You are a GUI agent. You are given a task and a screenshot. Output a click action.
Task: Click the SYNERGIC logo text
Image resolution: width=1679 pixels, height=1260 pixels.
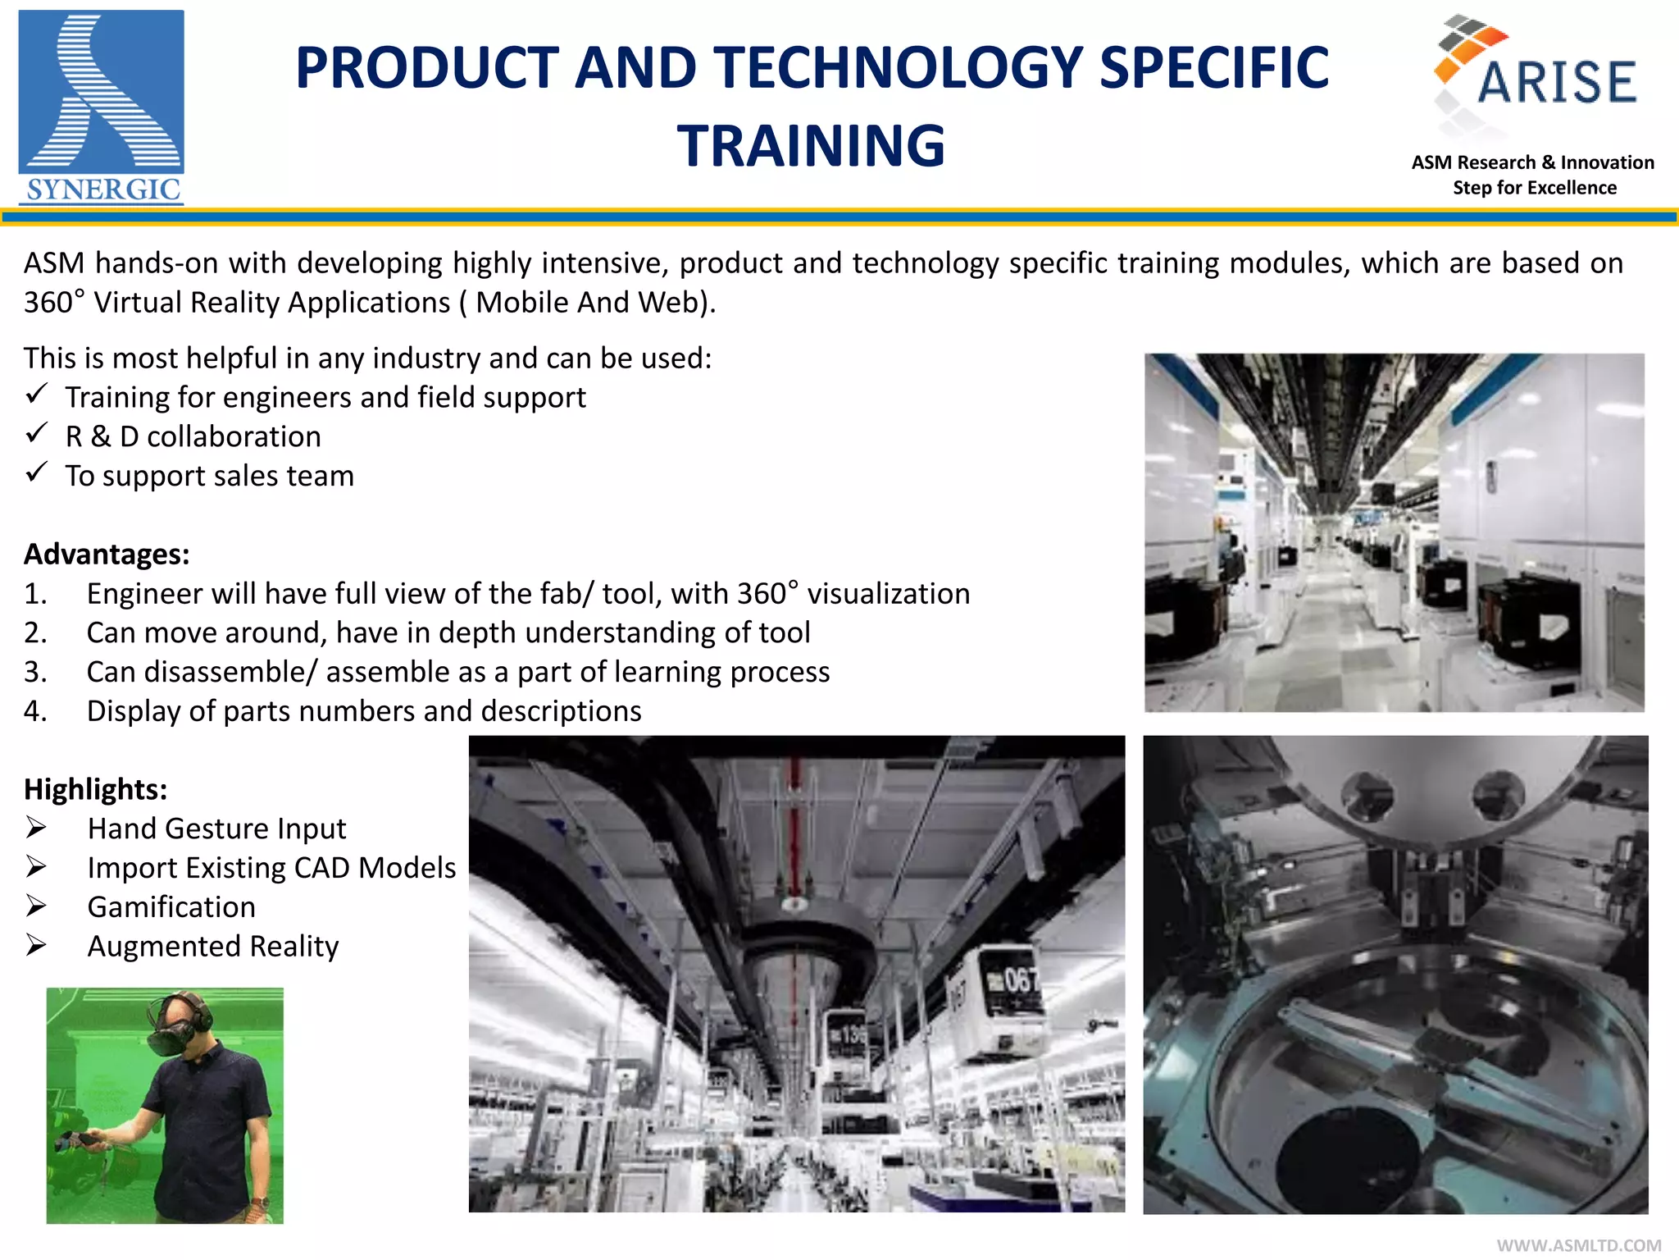(102, 189)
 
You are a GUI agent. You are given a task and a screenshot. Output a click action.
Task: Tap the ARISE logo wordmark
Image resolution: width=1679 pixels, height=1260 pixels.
(1556, 82)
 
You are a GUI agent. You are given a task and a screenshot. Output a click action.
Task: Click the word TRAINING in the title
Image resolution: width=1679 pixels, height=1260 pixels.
(811, 146)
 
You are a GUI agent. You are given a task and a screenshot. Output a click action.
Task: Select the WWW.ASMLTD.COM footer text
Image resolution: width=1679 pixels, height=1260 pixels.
(1578, 1245)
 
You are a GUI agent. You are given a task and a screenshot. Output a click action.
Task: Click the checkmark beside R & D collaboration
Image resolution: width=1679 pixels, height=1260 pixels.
(36, 433)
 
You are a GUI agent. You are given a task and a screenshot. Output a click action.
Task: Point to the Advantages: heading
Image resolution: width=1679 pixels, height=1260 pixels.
(107, 555)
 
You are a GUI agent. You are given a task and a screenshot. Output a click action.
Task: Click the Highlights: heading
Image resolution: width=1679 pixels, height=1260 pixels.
(95, 789)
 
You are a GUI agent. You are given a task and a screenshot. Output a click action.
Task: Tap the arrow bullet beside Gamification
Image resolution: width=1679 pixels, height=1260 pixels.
(36, 906)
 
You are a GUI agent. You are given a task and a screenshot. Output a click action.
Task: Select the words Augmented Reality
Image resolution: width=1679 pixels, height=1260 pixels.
(213, 947)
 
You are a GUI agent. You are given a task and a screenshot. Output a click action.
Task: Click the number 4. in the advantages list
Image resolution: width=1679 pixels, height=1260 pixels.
(35, 711)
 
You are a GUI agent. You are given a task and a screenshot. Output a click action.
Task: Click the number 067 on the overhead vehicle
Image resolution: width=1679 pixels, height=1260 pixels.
(1020, 979)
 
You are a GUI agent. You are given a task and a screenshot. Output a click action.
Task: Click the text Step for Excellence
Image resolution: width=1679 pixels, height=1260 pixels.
(1534, 188)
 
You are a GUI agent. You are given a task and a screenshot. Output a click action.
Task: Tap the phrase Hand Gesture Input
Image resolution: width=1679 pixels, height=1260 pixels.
(216, 829)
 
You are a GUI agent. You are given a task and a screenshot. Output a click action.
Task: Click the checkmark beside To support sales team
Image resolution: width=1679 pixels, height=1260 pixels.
(36, 472)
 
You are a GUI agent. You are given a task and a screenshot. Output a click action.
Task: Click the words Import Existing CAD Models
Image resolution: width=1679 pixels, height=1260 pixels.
(271, 868)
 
